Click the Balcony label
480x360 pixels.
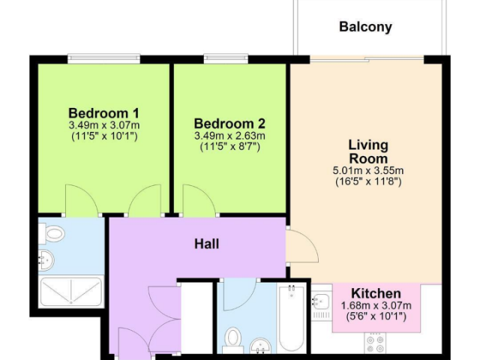click(x=365, y=27)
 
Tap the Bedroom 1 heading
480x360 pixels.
click(x=103, y=113)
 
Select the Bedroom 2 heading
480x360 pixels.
click(x=229, y=124)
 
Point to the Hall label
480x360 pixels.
click(x=207, y=244)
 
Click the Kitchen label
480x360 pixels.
click(x=376, y=293)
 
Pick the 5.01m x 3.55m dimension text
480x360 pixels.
click(x=368, y=170)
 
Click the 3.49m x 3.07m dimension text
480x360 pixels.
click(x=104, y=125)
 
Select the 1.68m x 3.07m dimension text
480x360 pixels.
click(x=376, y=305)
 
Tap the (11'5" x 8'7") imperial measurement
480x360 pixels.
click(x=230, y=147)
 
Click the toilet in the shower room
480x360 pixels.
click(x=51, y=234)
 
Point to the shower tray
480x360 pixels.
click(x=70, y=292)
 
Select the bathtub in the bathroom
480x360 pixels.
click(x=291, y=317)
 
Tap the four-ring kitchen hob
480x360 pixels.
click(x=375, y=343)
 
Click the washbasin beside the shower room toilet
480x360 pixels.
click(x=46, y=261)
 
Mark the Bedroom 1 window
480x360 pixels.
click(x=103, y=58)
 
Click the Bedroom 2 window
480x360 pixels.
click(x=226, y=58)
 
